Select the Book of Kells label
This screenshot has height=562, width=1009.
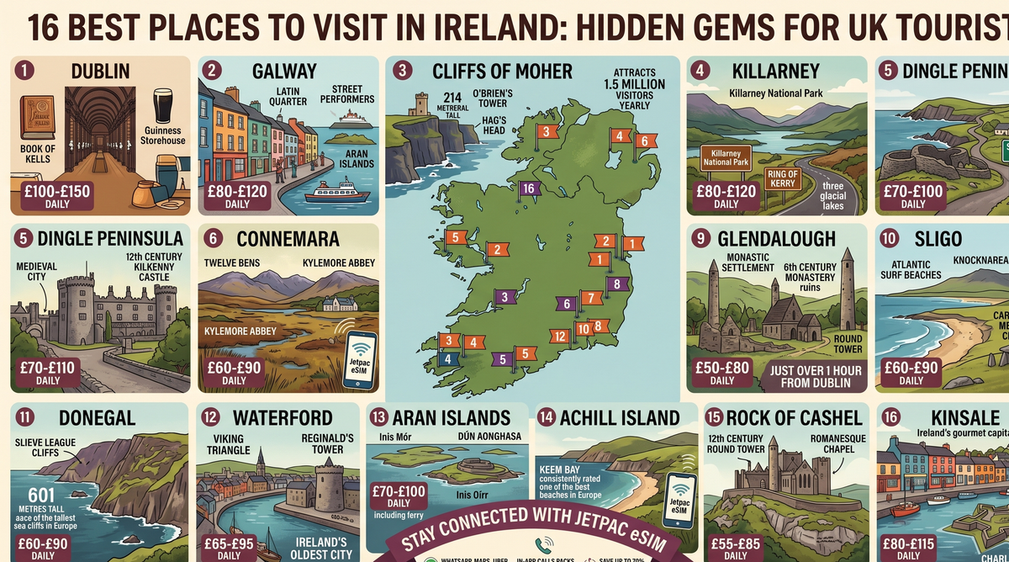[x=38, y=154]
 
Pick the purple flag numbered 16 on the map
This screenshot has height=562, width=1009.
[x=528, y=188]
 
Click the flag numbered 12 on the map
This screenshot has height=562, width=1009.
[x=558, y=337]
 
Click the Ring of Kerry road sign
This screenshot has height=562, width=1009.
[x=782, y=179]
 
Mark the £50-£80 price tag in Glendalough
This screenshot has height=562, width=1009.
[x=721, y=373]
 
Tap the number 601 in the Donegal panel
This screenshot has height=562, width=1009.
[x=41, y=496]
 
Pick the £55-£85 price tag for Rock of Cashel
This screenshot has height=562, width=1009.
[x=735, y=548]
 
